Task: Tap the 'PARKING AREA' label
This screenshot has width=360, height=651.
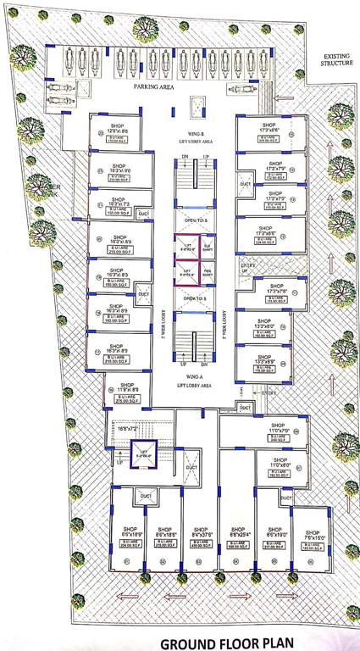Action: tap(154, 86)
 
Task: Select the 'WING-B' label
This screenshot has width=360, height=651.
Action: tap(194, 134)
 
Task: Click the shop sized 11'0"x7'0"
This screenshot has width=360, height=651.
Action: tap(280, 431)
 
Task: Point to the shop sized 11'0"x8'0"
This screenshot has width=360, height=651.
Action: tap(280, 465)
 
